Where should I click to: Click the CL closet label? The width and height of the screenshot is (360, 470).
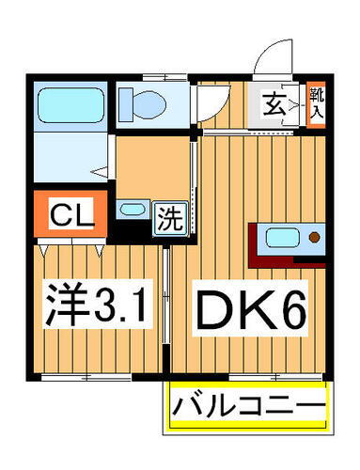click(71, 214)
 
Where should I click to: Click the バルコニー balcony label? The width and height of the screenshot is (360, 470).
click(248, 408)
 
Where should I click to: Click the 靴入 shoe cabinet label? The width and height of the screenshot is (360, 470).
click(319, 103)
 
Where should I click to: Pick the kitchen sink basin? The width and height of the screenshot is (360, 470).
click(283, 239)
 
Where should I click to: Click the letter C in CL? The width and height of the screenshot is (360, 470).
click(60, 214)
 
